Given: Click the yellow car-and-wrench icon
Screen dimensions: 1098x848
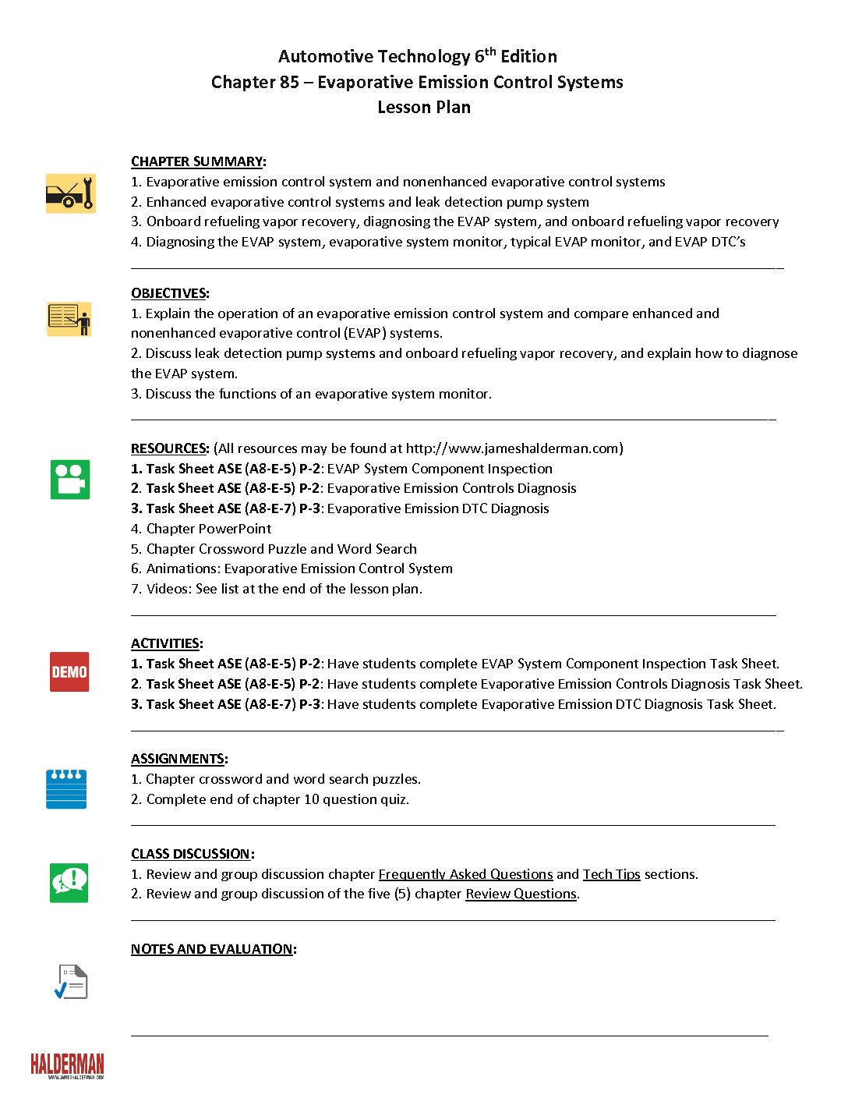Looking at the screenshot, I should click(70, 193).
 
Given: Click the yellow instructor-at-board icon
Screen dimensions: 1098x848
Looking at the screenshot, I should click(69, 319).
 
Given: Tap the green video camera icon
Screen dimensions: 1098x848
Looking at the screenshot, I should click(70, 479).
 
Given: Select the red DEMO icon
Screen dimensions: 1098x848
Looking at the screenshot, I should click(69, 671).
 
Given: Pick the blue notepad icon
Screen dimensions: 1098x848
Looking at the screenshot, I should click(66, 789).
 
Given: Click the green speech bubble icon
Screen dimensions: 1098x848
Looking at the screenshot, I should click(69, 883).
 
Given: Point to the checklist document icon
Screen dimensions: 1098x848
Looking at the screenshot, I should click(71, 982).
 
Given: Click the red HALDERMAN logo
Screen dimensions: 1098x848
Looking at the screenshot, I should click(67, 1065).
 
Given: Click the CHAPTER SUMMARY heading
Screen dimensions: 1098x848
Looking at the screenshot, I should click(196, 161).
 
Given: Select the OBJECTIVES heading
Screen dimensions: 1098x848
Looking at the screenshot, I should click(168, 293).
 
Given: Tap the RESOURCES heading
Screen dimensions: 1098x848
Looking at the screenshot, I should click(169, 448).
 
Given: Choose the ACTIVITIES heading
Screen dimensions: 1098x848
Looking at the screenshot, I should click(165, 643).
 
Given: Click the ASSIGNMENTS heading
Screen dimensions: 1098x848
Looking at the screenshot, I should click(178, 759).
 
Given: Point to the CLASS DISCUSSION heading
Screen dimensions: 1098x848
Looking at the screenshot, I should click(191, 854).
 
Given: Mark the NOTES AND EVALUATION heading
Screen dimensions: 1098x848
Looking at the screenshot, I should click(212, 949).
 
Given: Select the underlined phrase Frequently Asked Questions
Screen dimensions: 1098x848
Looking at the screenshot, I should click(465, 874).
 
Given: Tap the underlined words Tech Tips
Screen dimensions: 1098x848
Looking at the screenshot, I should click(611, 874).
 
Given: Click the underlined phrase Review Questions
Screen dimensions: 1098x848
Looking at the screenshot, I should click(521, 894).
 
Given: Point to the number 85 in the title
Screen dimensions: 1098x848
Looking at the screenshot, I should click(289, 83).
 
